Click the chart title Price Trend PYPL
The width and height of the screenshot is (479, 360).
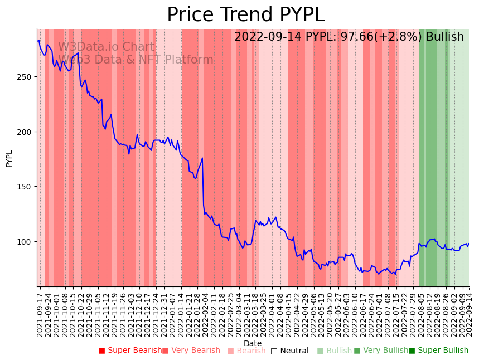pyautogui.click(x=245, y=14)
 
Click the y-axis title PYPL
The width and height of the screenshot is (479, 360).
pyautogui.click(x=9, y=158)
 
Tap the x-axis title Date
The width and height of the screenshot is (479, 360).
pyautogui.click(x=253, y=343)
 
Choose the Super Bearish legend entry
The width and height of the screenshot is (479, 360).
pyautogui.click(x=130, y=351)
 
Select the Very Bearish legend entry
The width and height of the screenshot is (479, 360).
pyautogui.click(x=191, y=351)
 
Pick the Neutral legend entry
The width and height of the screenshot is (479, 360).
pyautogui.click(x=289, y=351)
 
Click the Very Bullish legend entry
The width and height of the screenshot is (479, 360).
pyautogui.click(x=381, y=351)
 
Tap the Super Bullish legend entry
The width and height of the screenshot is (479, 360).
pyautogui.click(x=438, y=351)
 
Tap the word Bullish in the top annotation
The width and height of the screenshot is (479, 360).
pyautogui.click(x=444, y=37)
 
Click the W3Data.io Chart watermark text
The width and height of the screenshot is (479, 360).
pyautogui.click(x=106, y=47)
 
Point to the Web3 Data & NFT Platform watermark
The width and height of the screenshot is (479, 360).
pyautogui.click(x=136, y=60)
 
